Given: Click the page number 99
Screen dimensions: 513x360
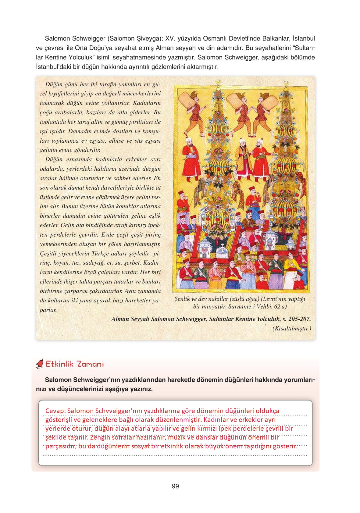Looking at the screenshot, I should pos(175,486).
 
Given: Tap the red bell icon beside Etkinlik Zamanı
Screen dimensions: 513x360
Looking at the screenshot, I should pos(40,364).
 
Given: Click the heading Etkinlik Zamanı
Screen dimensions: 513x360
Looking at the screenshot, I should pos(75,364).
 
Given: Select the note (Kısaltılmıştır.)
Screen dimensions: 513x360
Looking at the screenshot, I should pos(292,329).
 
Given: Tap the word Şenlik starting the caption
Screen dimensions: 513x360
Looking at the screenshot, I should pos(183,299).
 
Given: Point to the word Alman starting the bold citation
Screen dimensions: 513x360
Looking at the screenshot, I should pos(120,319).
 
